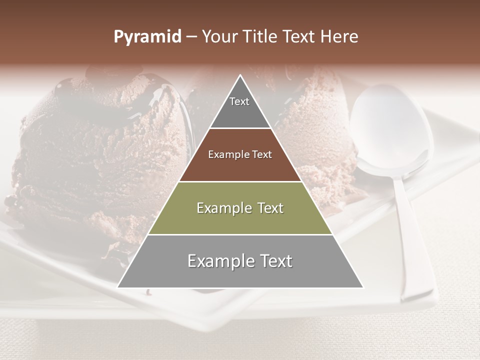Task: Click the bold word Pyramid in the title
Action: click(x=147, y=37)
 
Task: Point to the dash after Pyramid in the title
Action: click(x=191, y=37)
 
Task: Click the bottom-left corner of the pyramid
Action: click(x=118, y=287)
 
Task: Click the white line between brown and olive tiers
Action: click(x=240, y=181)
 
